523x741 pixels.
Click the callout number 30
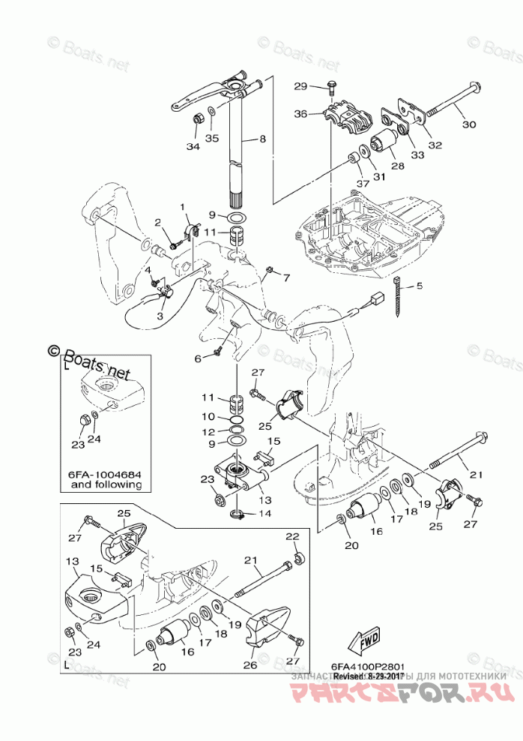pos(468,124)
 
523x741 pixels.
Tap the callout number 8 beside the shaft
pos(263,139)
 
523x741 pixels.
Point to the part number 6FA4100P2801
pos(368,665)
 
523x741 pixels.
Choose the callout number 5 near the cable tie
pos(420,285)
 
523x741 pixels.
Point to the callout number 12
pos(208,431)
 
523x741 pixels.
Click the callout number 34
pos(193,147)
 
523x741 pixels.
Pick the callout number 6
pos(199,359)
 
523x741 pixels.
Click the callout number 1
pos(181,206)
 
